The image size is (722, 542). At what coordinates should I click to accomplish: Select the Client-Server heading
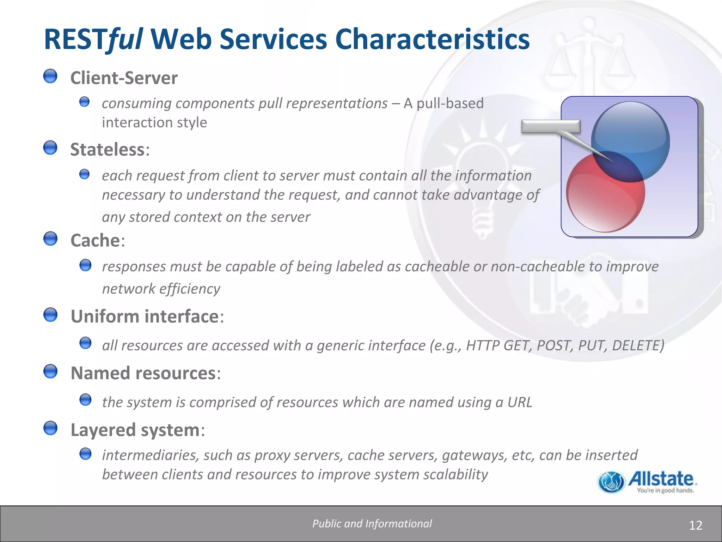point(124,78)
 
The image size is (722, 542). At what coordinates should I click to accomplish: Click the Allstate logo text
point(661,479)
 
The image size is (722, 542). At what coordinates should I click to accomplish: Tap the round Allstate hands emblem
point(611,482)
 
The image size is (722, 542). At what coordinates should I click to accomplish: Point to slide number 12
point(695,525)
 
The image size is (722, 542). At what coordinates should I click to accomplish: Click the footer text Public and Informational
point(372,524)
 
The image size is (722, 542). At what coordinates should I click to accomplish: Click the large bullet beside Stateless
point(50,148)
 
